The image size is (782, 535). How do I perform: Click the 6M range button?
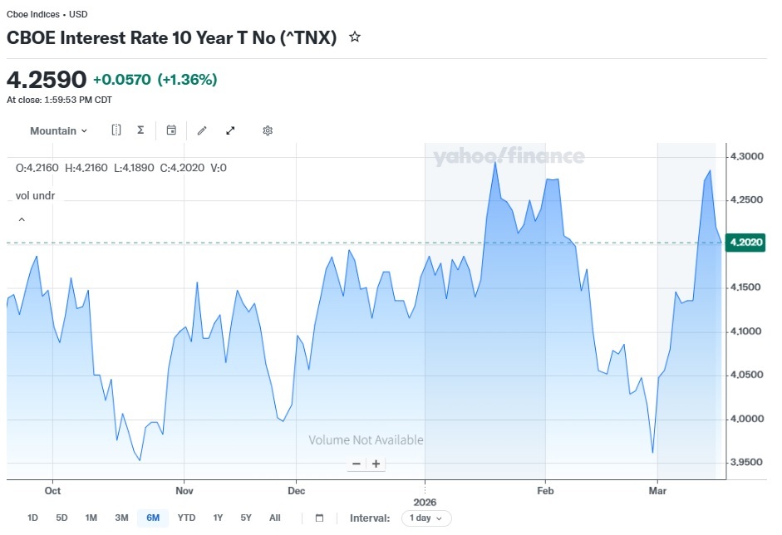click(153, 518)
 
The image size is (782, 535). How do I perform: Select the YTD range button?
click(186, 518)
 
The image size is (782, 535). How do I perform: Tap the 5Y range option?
click(246, 518)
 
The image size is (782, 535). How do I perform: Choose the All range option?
click(275, 518)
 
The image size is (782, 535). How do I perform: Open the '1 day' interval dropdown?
click(426, 518)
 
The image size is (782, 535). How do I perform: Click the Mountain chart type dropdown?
click(58, 130)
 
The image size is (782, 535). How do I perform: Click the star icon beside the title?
click(355, 37)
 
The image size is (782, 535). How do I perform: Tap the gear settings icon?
click(268, 130)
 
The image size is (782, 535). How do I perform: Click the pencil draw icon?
click(202, 130)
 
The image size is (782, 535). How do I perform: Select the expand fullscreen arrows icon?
click(230, 130)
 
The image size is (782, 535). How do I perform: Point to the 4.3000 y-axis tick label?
click(746, 156)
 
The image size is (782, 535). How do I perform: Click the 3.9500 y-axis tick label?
click(746, 462)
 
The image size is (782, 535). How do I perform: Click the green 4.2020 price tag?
click(745, 243)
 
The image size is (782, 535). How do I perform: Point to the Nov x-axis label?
click(184, 491)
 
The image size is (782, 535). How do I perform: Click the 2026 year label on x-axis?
click(425, 502)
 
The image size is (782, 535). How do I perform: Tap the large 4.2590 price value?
click(47, 80)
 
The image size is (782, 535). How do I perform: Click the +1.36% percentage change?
click(188, 80)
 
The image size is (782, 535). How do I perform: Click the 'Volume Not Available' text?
click(366, 439)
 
